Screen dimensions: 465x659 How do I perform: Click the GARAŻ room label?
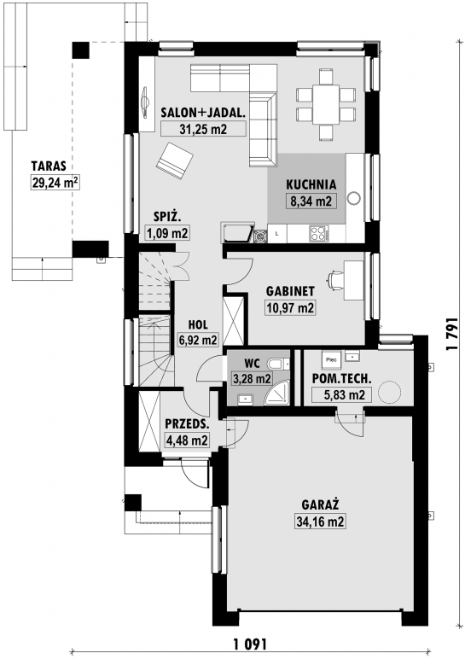(320, 504)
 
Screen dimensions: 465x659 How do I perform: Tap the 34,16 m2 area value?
(320, 522)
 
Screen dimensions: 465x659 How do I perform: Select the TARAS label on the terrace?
(49, 166)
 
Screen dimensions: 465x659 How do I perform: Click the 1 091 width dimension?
(250, 644)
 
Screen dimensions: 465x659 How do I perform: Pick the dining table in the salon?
(326, 104)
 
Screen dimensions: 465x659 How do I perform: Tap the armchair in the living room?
(175, 160)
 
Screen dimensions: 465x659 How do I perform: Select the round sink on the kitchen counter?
(355, 198)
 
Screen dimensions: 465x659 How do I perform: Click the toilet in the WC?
(279, 363)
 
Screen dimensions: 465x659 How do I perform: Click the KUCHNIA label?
(311, 184)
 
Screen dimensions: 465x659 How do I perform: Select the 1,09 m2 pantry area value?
(166, 233)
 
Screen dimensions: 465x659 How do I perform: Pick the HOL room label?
(198, 324)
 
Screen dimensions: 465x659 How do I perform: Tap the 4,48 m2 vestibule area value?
(187, 440)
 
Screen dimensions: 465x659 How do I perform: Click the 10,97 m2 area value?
(290, 308)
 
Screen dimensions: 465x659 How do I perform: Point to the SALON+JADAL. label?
(203, 112)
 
